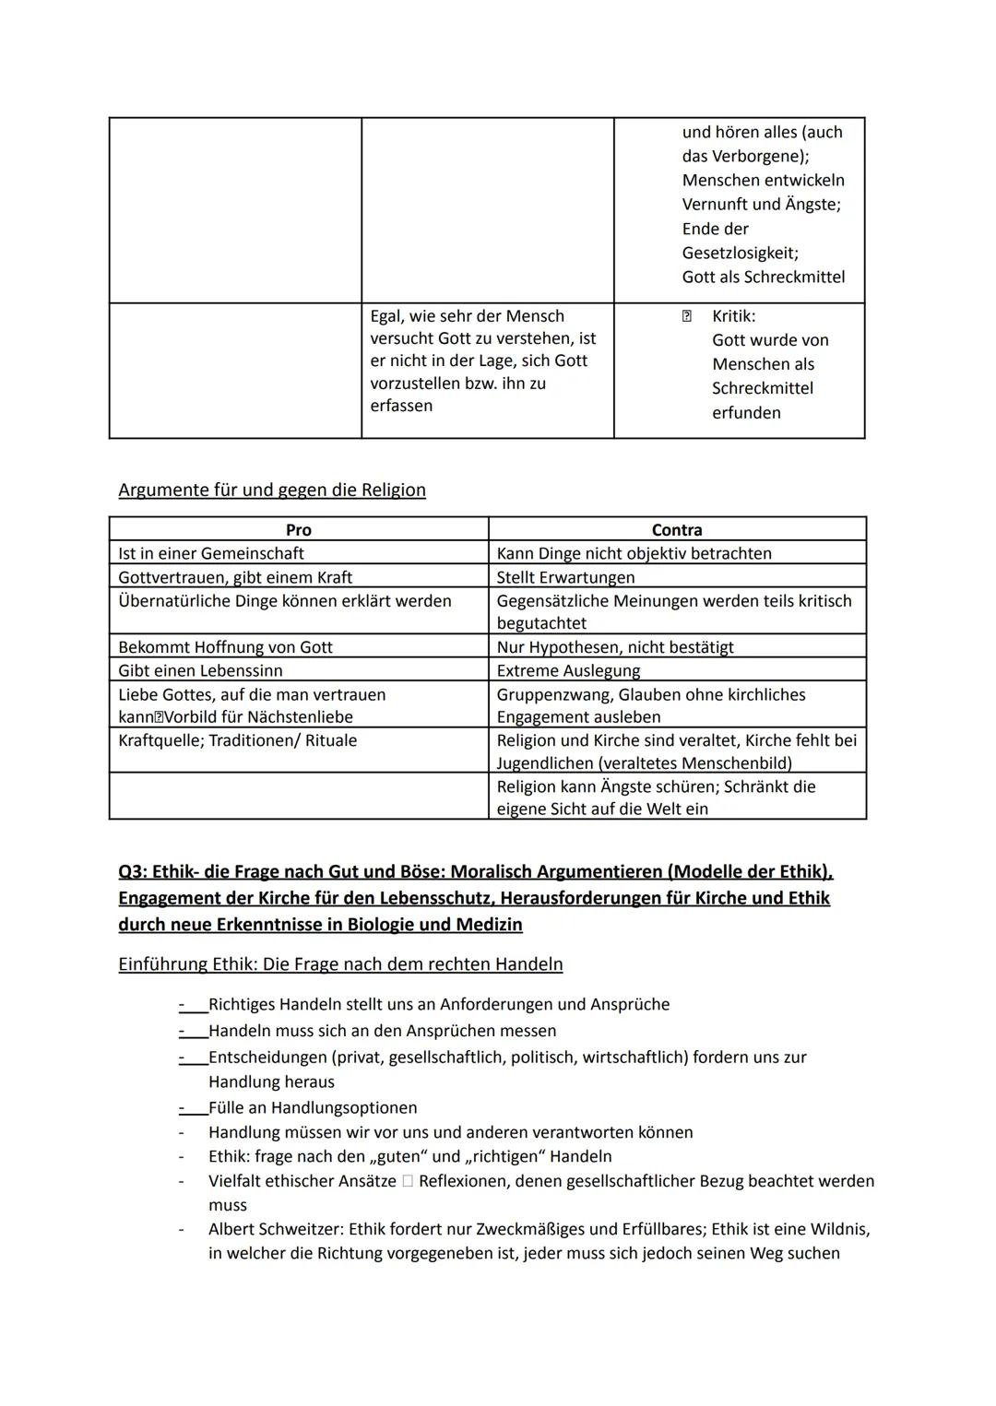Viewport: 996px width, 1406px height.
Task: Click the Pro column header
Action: click(298, 530)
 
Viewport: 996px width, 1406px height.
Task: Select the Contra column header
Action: click(677, 530)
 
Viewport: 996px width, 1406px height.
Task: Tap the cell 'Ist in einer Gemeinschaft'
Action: click(211, 553)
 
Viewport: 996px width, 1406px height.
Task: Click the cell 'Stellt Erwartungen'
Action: click(565, 577)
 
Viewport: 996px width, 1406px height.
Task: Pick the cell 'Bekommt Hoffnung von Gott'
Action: click(225, 647)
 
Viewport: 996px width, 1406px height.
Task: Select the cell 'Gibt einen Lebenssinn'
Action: click(200, 670)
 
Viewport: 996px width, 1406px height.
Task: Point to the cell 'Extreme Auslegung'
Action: click(568, 670)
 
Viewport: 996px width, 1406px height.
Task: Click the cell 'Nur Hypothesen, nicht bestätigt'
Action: click(615, 647)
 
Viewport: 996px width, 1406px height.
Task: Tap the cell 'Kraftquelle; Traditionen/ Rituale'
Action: click(237, 740)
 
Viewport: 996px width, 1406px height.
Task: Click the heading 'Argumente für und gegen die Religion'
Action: click(272, 490)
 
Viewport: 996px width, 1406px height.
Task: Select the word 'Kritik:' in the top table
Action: click(733, 316)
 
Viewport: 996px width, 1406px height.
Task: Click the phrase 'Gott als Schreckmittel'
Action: click(763, 277)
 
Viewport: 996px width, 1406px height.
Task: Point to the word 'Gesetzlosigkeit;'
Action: click(740, 253)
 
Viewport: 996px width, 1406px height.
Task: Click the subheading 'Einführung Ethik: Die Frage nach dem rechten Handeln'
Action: click(340, 964)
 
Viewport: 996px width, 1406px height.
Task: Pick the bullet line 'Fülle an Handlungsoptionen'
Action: click(313, 1107)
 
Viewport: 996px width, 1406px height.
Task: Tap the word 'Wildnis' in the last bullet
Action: click(839, 1229)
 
